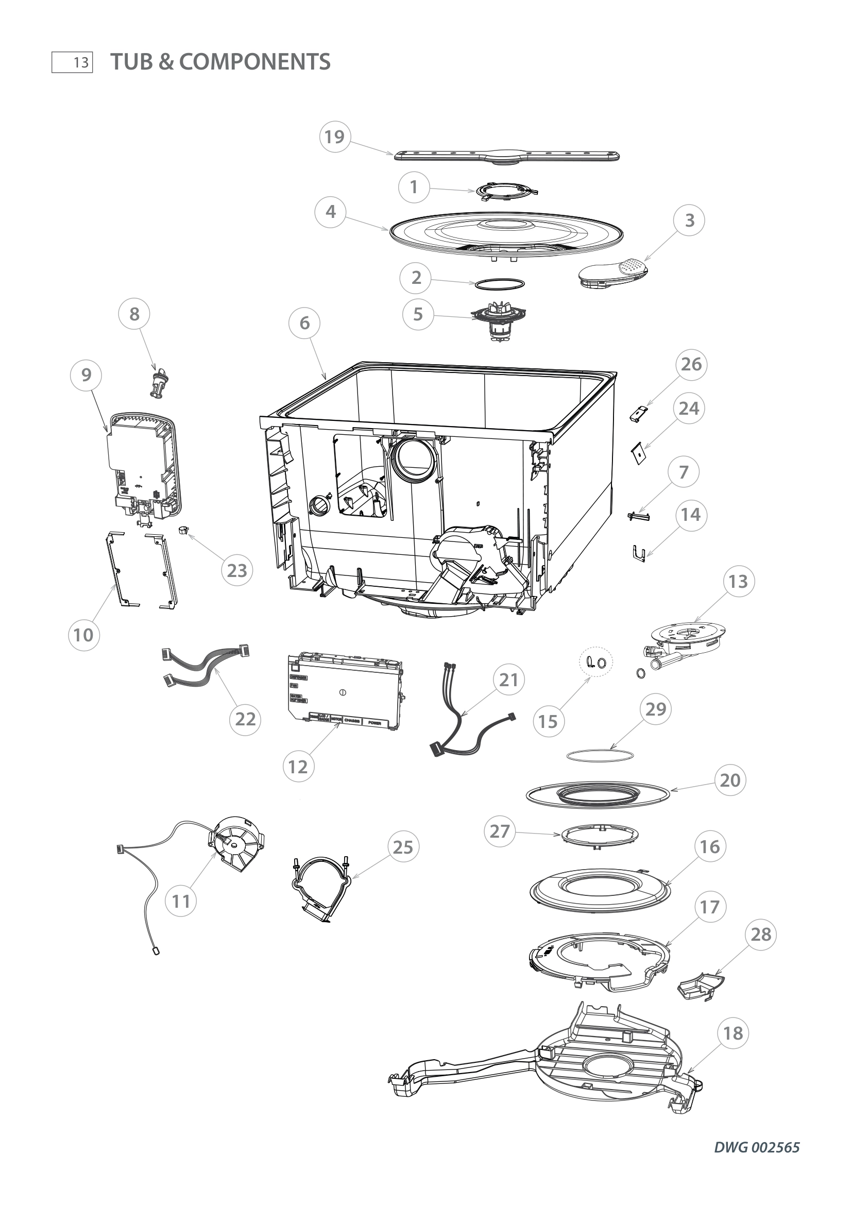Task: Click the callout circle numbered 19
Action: (335, 137)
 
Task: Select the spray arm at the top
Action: (507, 158)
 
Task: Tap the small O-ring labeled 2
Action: (499, 284)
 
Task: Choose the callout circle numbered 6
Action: (305, 324)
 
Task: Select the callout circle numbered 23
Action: (236, 570)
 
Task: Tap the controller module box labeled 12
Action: (346, 691)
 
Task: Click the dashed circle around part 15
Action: (595, 662)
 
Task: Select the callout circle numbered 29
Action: (656, 709)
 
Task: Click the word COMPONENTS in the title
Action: (255, 62)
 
